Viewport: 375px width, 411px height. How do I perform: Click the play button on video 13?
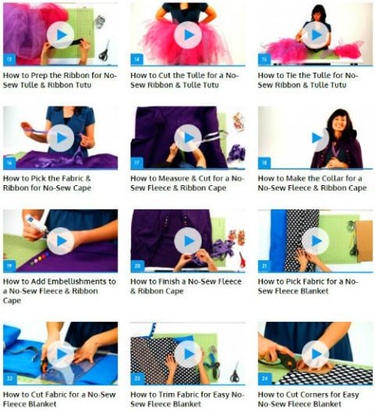[60, 35]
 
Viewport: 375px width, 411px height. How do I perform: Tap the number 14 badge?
[137, 59]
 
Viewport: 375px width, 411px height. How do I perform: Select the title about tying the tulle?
[308, 80]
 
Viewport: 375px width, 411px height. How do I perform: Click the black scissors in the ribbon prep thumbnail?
[105, 52]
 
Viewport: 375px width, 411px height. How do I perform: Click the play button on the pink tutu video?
[188, 35]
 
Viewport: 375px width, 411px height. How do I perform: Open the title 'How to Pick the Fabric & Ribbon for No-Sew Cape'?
[47, 183]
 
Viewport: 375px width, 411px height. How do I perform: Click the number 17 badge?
[137, 163]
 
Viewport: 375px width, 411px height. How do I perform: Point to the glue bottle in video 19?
[36, 223]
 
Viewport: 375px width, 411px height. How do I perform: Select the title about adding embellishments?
[59, 291]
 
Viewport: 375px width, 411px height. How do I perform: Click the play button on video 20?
[188, 241]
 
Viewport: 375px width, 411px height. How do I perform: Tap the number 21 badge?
[264, 266]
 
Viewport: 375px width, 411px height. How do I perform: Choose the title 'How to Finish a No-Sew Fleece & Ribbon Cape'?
[186, 286]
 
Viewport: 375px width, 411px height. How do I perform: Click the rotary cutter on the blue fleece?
[45, 364]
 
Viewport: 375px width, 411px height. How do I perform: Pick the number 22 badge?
[9, 379]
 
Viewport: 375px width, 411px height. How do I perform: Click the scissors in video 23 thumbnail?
[235, 372]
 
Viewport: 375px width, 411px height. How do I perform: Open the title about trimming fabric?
[187, 399]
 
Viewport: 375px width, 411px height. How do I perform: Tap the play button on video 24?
[316, 354]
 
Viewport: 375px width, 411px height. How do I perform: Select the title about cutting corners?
[309, 399]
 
